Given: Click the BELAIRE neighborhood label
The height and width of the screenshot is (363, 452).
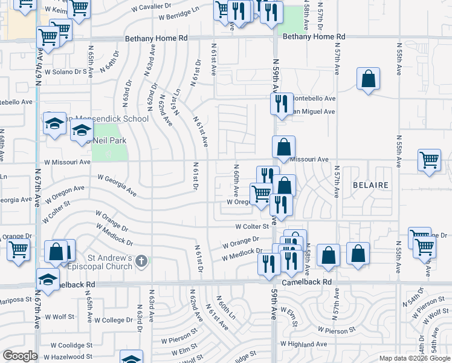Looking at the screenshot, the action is (x=369, y=184).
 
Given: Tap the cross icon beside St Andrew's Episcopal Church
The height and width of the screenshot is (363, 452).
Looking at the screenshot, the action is (x=141, y=261).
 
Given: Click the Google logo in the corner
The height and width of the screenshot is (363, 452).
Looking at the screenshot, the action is (x=21, y=356).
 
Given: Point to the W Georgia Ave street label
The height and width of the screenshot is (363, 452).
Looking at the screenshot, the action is (x=117, y=185).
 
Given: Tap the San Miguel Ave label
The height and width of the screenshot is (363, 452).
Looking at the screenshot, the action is (x=312, y=111).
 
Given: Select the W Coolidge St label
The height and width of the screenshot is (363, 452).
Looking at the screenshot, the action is (x=71, y=345).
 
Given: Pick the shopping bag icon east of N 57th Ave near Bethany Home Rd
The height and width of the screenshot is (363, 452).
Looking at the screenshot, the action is (x=368, y=79).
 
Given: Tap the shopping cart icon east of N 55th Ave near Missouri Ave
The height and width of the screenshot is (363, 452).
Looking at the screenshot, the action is (x=429, y=160).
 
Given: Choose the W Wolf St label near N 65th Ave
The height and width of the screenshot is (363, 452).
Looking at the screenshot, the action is (x=61, y=316).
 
